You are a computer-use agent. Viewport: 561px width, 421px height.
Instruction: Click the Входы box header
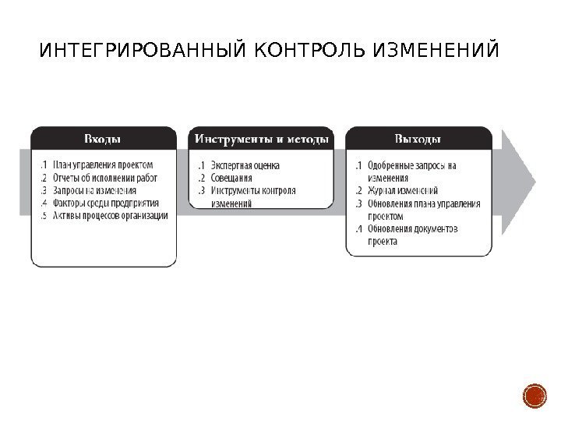click(x=103, y=139)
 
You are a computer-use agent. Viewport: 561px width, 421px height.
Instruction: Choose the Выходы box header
click(x=418, y=139)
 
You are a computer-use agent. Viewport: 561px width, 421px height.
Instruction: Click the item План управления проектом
click(x=103, y=165)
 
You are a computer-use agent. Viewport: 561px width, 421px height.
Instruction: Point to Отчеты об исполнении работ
click(x=104, y=178)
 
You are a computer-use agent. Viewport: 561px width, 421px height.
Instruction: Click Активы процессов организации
click(x=110, y=215)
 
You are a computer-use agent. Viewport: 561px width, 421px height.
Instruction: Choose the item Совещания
click(x=231, y=179)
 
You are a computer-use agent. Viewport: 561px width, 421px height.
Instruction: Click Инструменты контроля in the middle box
click(x=253, y=191)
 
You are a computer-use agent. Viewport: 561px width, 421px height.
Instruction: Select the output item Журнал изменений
click(x=402, y=191)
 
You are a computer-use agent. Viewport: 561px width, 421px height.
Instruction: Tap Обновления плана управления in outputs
click(x=423, y=203)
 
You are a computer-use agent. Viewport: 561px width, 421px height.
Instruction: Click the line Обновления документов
click(x=412, y=229)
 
